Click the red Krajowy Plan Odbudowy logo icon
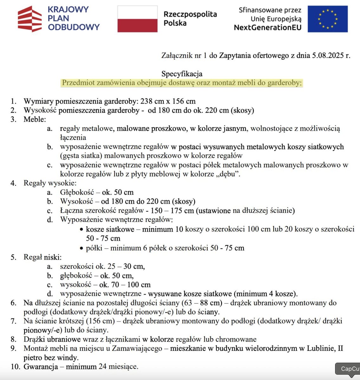pyautogui.click(x=30, y=19)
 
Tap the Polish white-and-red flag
pyautogui.click(x=137, y=19)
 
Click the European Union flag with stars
pyautogui.click(x=327, y=19)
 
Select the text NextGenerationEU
pyautogui.click(x=267, y=28)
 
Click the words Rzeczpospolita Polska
pyautogui.click(x=190, y=19)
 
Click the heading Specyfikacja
pyautogui.click(x=182, y=74)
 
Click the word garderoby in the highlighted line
pyautogui.click(x=286, y=83)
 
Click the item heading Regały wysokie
pyautogui.click(x=50, y=183)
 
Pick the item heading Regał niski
pyautogui.click(x=42, y=257)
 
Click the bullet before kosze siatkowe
pyautogui.click(x=82, y=230)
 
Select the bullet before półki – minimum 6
pyautogui.click(x=82, y=248)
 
